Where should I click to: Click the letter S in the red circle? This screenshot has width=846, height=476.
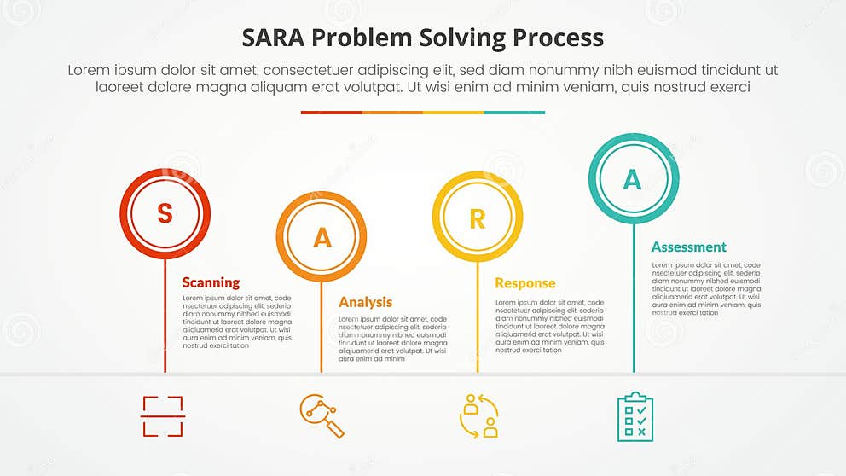coord(165,213)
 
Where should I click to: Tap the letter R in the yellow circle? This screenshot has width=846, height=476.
coord(477,218)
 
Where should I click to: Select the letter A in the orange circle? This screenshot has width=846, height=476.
coord(322,237)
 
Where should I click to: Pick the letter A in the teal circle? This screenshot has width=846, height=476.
coord(633,179)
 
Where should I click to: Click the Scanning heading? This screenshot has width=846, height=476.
coord(211,282)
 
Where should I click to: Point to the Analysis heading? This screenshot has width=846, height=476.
coord(365,302)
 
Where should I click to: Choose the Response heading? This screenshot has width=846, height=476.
coord(524,283)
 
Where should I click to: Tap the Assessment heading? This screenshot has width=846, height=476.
coord(688,247)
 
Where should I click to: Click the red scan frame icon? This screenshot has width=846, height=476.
coord(162,416)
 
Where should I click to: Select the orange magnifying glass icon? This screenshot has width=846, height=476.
coord(322,416)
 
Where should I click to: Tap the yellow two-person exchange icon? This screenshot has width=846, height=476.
coord(478,416)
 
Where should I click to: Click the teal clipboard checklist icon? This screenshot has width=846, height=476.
coord(634,417)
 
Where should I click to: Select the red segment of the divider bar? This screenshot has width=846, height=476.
coord(331,112)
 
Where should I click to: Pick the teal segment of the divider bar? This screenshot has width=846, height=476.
coord(514,112)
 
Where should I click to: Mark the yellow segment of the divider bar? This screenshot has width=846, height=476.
coord(453,112)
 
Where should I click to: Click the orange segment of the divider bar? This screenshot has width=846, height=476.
coord(392,112)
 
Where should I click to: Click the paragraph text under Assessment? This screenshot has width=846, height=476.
coord(706,289)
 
